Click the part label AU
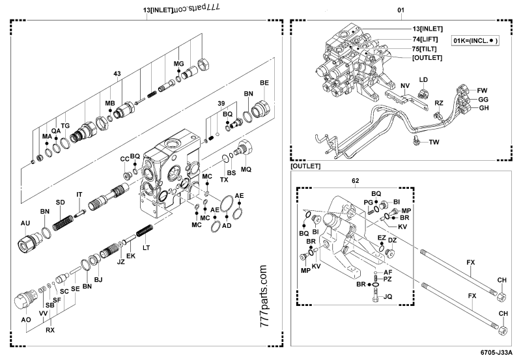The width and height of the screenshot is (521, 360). (25, 223)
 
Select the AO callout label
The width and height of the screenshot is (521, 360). (25, 320)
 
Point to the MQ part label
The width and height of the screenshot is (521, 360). (246, 169)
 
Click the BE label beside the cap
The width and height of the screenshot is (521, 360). (264, 83)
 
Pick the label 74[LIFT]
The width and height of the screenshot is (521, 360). (427, 38)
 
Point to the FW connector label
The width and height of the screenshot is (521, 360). (483, 89)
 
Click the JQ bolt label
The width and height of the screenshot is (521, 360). (388, 296)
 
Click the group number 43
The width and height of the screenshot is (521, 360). (117, 74)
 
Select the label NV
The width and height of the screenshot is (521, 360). (404, 86)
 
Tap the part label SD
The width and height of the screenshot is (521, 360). (60, 202)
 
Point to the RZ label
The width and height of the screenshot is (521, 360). (439, 103)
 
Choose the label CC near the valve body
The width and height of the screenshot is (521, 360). (124, 159)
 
